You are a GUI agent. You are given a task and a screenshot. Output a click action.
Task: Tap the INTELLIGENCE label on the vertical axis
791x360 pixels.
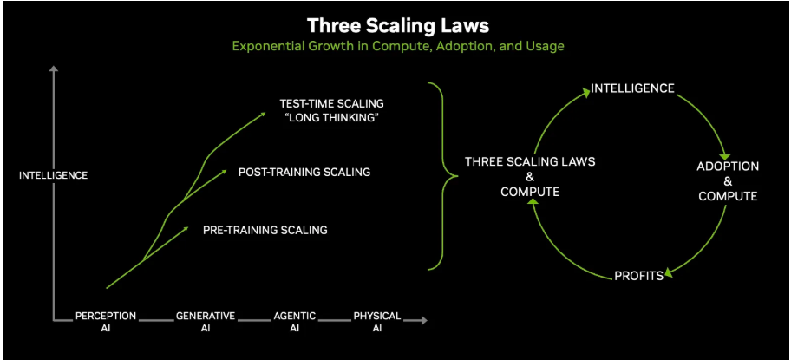point(54,175)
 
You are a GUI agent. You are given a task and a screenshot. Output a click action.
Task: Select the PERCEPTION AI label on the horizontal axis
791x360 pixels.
point(105,322)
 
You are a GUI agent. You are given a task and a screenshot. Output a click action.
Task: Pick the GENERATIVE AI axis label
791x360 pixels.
point(206,322)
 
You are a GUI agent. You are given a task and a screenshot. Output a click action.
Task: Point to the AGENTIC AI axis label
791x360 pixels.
point(294,322)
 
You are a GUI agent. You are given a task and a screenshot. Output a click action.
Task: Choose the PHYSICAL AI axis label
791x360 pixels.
point(377,322)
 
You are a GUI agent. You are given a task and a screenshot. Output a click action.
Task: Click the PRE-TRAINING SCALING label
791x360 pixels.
point(265,230)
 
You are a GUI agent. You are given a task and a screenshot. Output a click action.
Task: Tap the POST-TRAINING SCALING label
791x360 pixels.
point(304,172)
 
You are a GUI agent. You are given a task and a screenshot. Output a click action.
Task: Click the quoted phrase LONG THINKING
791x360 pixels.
point(332,118)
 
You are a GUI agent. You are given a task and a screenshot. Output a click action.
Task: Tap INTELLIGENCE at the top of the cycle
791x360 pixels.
point(632,88)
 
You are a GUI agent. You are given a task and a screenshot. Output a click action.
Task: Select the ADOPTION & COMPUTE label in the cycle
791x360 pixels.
point(728,180)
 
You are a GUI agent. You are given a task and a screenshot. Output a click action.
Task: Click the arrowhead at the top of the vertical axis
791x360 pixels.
point(54,69)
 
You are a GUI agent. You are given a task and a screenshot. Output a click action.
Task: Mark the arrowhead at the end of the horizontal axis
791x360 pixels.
point(423,320)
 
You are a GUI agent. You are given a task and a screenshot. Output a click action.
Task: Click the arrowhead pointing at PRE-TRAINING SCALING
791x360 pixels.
point(185,229)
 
